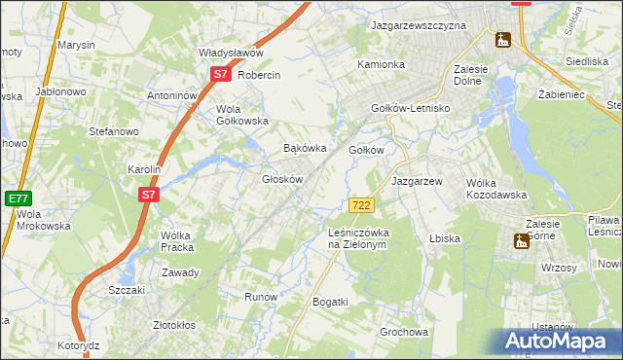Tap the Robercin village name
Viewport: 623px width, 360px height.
259,75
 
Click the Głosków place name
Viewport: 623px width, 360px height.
283,179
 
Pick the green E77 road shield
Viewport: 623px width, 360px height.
18,198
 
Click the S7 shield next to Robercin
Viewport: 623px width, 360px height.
221,74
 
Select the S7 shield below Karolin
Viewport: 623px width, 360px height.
147,195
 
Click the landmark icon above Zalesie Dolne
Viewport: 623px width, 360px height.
502,40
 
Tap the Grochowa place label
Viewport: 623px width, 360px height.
404,332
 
